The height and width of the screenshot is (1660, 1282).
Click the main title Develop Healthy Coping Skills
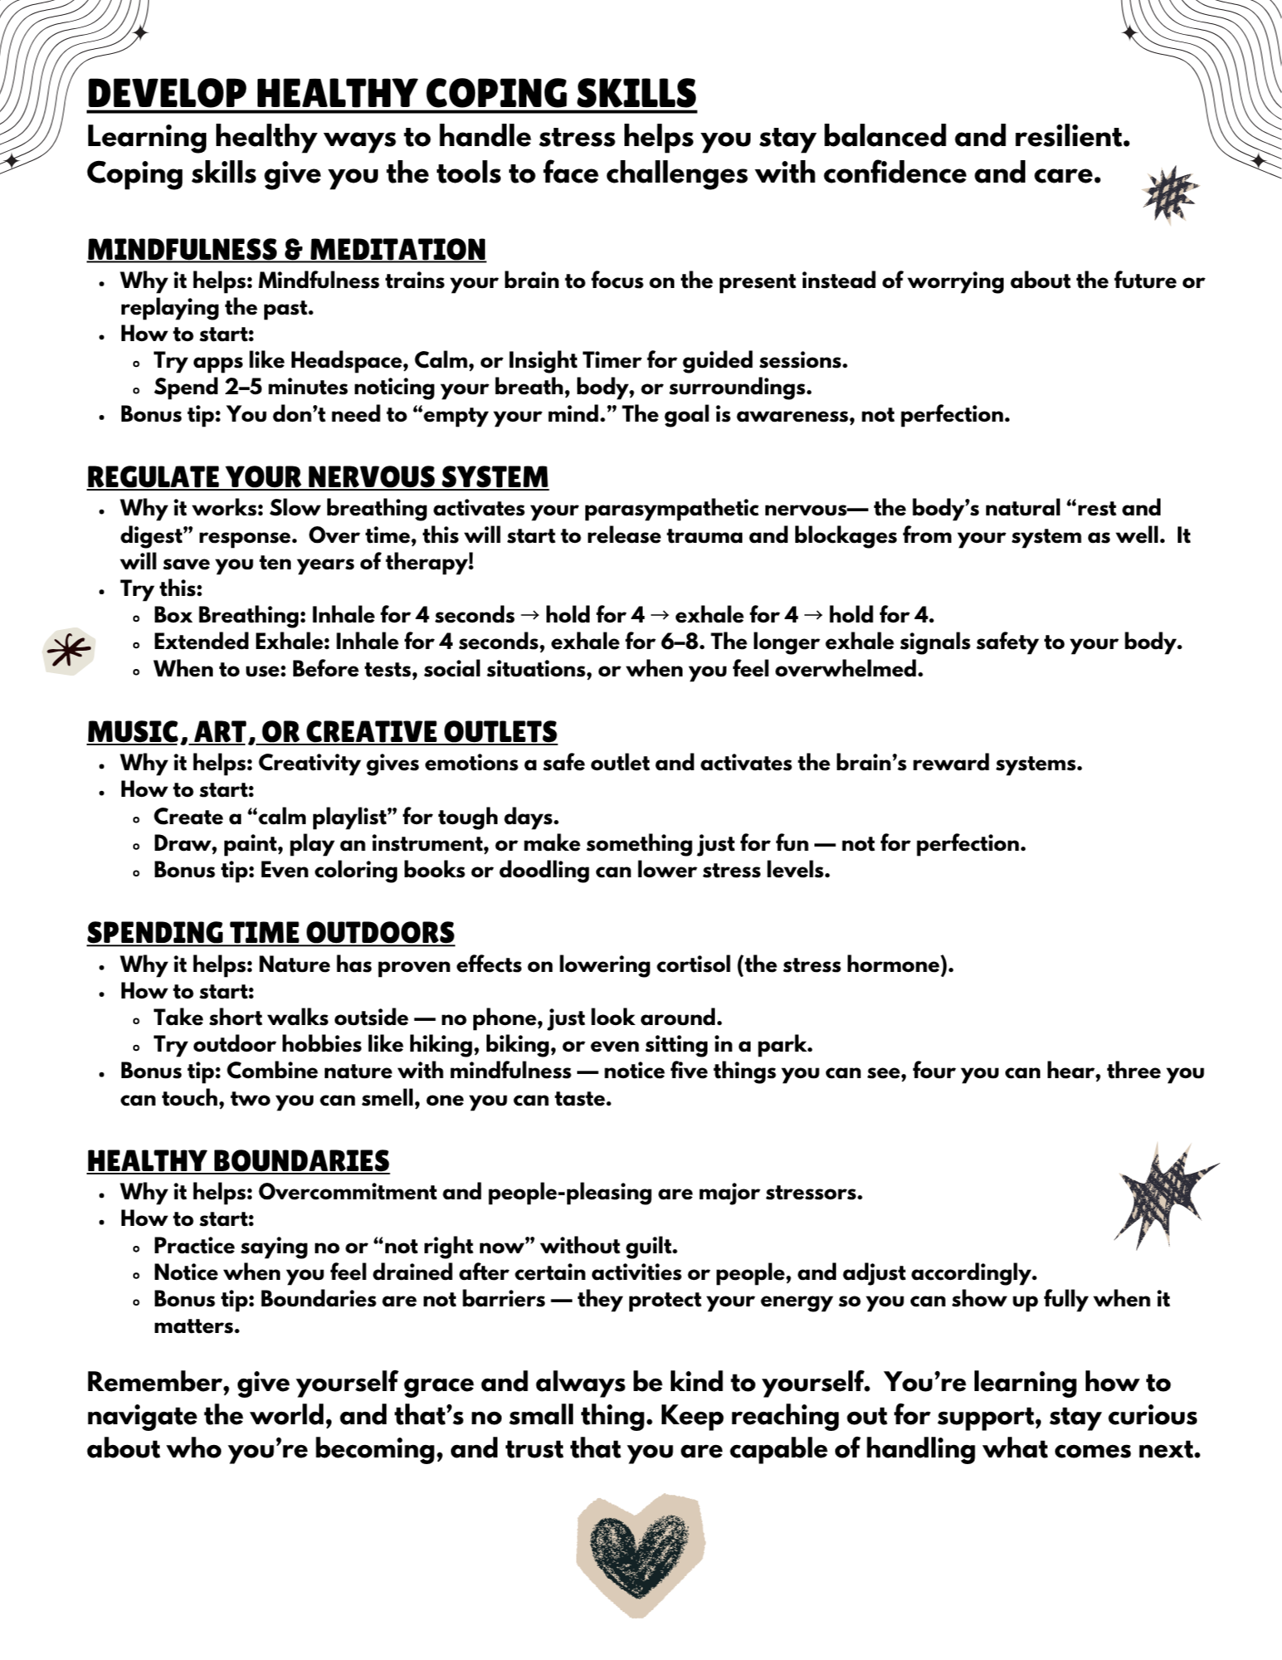[391, 94]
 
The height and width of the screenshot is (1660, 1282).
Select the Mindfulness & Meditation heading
[286, 249]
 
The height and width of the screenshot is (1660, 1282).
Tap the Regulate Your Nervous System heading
[318, 477]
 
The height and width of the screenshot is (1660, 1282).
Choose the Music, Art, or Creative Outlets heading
[322, 732]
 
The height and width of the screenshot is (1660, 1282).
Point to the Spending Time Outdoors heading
[271, 932]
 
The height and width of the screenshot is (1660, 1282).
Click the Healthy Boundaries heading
[238, 1160]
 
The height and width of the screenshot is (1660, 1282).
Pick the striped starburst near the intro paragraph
[1170, 195]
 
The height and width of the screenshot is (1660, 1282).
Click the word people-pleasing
[569, 1192]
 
